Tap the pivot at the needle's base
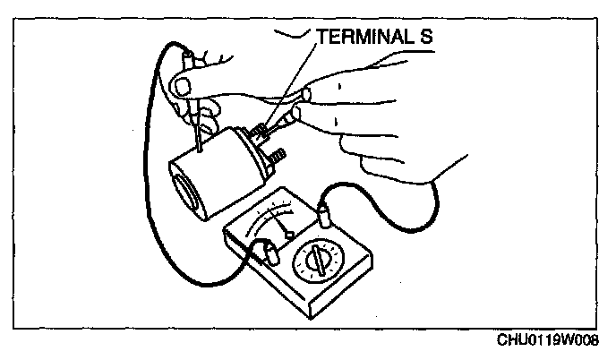click(287, 236)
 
